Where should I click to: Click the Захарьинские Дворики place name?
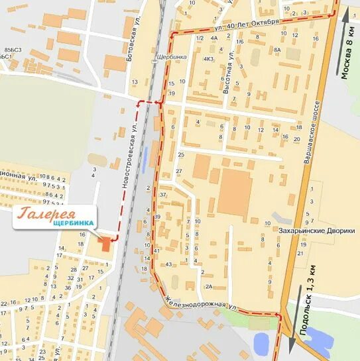tap(317, 231)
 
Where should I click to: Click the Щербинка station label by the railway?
tap(168, 58)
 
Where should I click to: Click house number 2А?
tap(208, 286)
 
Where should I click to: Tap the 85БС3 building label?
tap(13, 50)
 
